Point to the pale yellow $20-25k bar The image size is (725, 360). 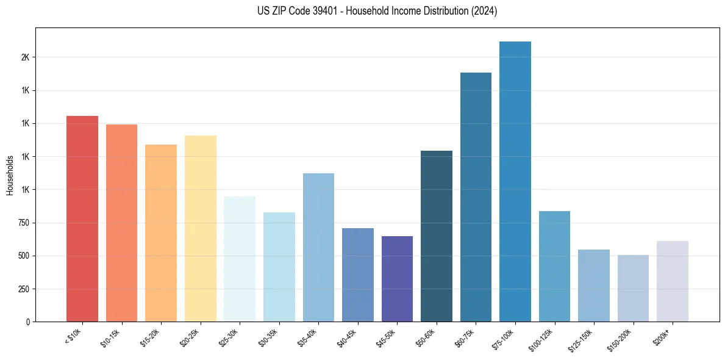pos(201,228)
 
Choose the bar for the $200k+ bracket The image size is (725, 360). pos(673,281)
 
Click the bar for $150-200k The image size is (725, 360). pos(633,288)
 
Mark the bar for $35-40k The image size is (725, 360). pos(318,247)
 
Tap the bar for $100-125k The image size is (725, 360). pos(554,266)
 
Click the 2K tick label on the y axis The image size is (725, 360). pos(25,57)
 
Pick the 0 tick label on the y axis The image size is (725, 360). pos(28,322)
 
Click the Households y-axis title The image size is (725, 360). pos(10,175)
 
